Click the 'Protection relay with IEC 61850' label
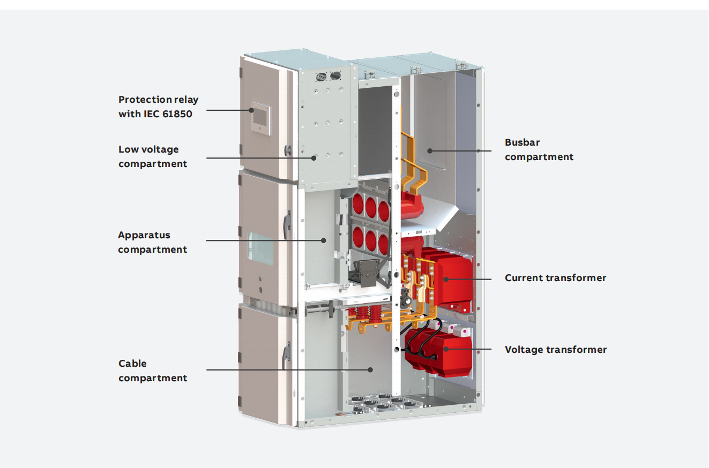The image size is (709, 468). point(158,107)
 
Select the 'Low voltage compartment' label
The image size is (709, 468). point(153,156)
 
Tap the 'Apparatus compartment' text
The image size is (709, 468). point(153,242)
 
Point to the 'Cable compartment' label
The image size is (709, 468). point(153,371)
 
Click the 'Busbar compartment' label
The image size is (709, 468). point(539,149)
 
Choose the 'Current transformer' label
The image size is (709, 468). point(555,278)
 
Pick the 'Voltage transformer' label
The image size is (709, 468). point(555,350)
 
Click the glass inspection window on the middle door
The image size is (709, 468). point(260,248)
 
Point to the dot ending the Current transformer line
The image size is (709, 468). point(446,279)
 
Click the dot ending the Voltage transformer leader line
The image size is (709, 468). point(446,349)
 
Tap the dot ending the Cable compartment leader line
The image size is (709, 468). point(370,369)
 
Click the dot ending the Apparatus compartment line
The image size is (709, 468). point(323,240)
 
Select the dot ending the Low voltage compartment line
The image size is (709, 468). point(315,157)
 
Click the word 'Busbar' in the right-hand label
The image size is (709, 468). point(522,142)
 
